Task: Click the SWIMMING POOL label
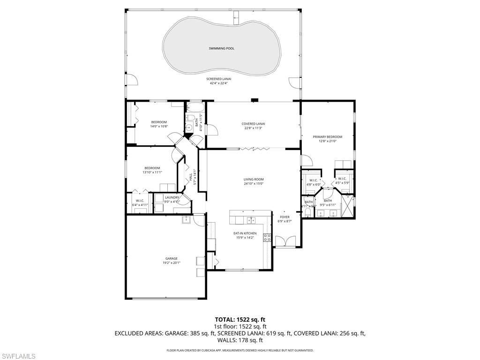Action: click(221, 48)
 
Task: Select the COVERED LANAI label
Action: click(253, 124)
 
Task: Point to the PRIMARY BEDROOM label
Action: click(327, 137)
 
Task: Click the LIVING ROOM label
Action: click(253, 179)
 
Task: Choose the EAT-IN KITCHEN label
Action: click(245, 233)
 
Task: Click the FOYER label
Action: click(285, 217)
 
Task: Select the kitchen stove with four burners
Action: click(267, 238)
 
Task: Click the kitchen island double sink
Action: click(251, 219)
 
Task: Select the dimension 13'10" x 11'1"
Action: click(152, 172)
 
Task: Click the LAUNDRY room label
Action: click(172, 197)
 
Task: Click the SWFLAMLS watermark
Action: click(18, 356)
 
